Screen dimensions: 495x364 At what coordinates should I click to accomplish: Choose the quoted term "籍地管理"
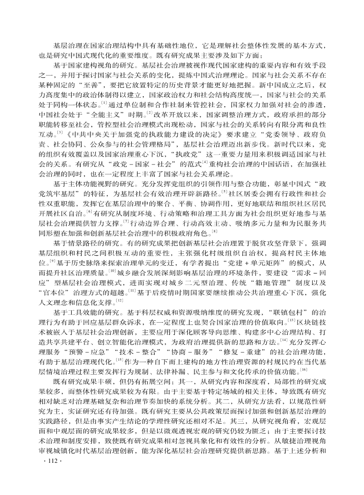click(250, 282)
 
